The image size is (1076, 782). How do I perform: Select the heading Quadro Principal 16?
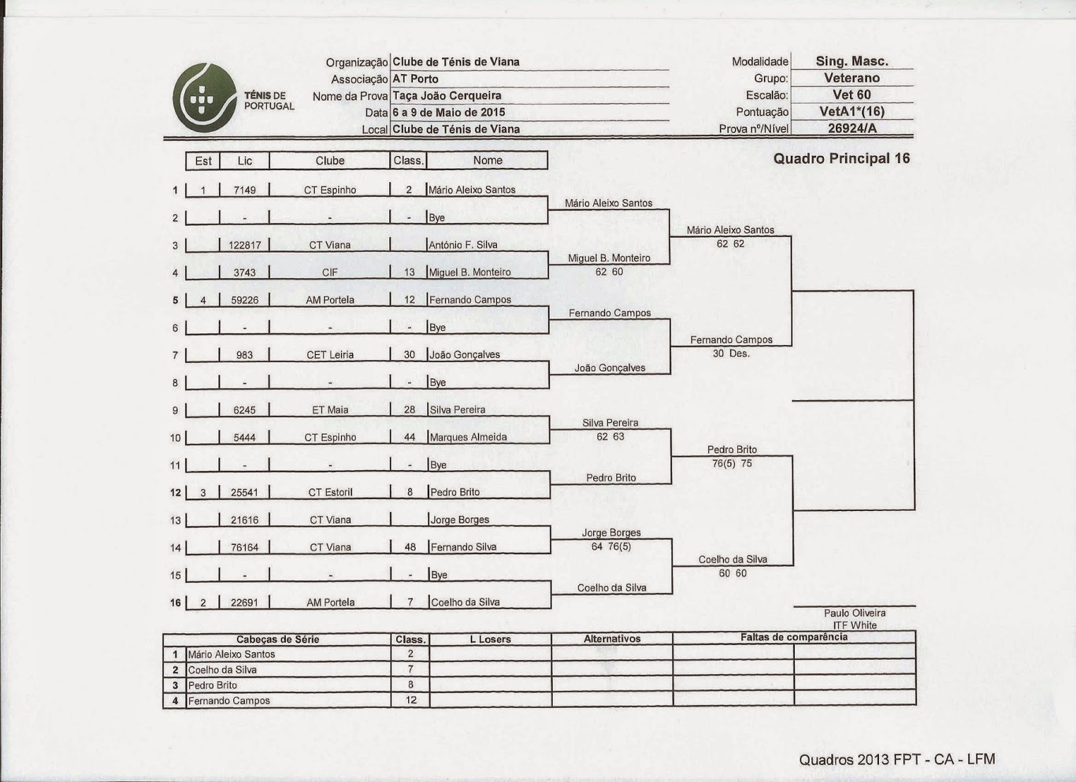(x=841, y=159)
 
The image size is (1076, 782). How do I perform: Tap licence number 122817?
(x=244, y=245)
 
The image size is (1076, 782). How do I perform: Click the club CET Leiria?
(x=330, y=355)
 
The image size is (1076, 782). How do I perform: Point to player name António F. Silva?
(x=463, y=245)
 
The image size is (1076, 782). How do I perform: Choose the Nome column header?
(x=488, y=161)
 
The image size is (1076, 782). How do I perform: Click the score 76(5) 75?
(x=732, y=463)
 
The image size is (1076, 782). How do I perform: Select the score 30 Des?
(x=731, y=354)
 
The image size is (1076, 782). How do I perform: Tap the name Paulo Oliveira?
(x=855, y=613)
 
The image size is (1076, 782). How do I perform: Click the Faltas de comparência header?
(x=794, y=637)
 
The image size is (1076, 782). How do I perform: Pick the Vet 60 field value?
(x=851, y=95)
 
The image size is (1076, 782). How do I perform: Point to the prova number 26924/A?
(x=852, y=128)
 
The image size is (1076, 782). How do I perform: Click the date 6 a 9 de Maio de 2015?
(x=449, y=112)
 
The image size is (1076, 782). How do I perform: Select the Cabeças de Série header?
(x=278, y=639)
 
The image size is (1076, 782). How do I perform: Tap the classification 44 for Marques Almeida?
(x=410, y=437)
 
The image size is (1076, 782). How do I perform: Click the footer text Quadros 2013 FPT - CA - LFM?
(x=897, y=760)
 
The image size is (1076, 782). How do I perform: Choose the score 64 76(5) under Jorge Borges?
(x=611, y=546)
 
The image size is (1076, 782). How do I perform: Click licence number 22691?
(x=244, y=602)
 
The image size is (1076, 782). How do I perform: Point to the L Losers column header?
(x=490, y=639)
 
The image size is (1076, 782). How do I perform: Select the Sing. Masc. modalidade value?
(x=852, y=61)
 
